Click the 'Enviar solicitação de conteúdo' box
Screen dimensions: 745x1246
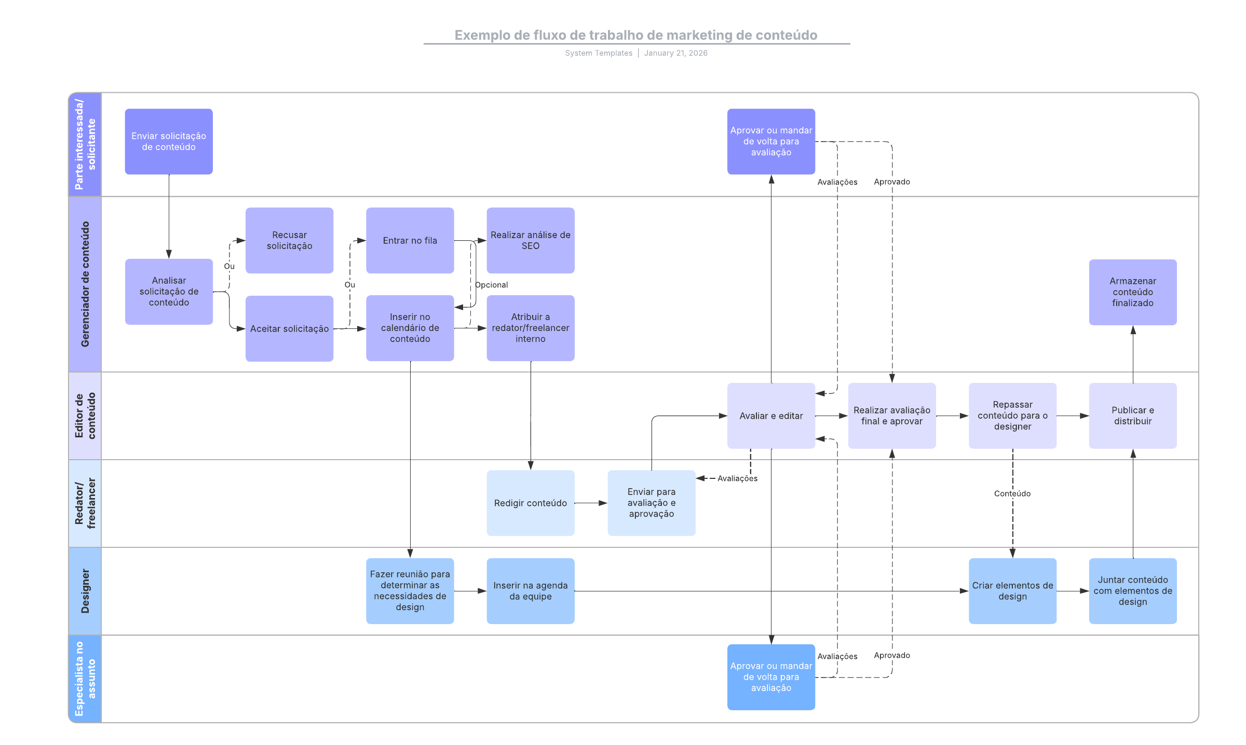tap(169, 141)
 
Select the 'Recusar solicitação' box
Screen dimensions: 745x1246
tap(289, 240)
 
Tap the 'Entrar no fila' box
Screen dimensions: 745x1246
tap(410, 240)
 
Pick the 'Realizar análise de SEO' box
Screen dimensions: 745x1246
tap(530, 240)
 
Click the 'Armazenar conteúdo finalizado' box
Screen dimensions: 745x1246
tap(1132, 292)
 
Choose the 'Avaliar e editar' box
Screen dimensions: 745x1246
tap(771, 416)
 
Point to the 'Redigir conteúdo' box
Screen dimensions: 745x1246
tap(530, 503)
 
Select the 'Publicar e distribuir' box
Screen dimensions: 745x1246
tap(1132, 416)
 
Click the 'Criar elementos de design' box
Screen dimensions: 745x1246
tap(1012, 591)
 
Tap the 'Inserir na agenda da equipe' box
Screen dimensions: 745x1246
tap(530, 591)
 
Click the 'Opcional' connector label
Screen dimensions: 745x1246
tap(492, 285)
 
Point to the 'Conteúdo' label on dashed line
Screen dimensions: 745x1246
tap(1012, 493)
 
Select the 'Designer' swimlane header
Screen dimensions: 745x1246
tap(85, 591)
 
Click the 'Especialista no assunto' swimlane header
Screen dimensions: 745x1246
tap(85, 679)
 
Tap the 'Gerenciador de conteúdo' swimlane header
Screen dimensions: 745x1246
tap(85, 284)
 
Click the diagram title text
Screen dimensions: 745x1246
tap(635, 35)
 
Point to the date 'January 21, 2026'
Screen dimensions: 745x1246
tap(675, 53)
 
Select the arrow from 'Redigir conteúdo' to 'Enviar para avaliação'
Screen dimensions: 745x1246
tap(590, 503)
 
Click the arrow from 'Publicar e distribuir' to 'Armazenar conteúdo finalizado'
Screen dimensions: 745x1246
tap(1133, 354)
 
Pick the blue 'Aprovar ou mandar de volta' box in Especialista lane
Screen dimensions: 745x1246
tap(771, 677)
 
